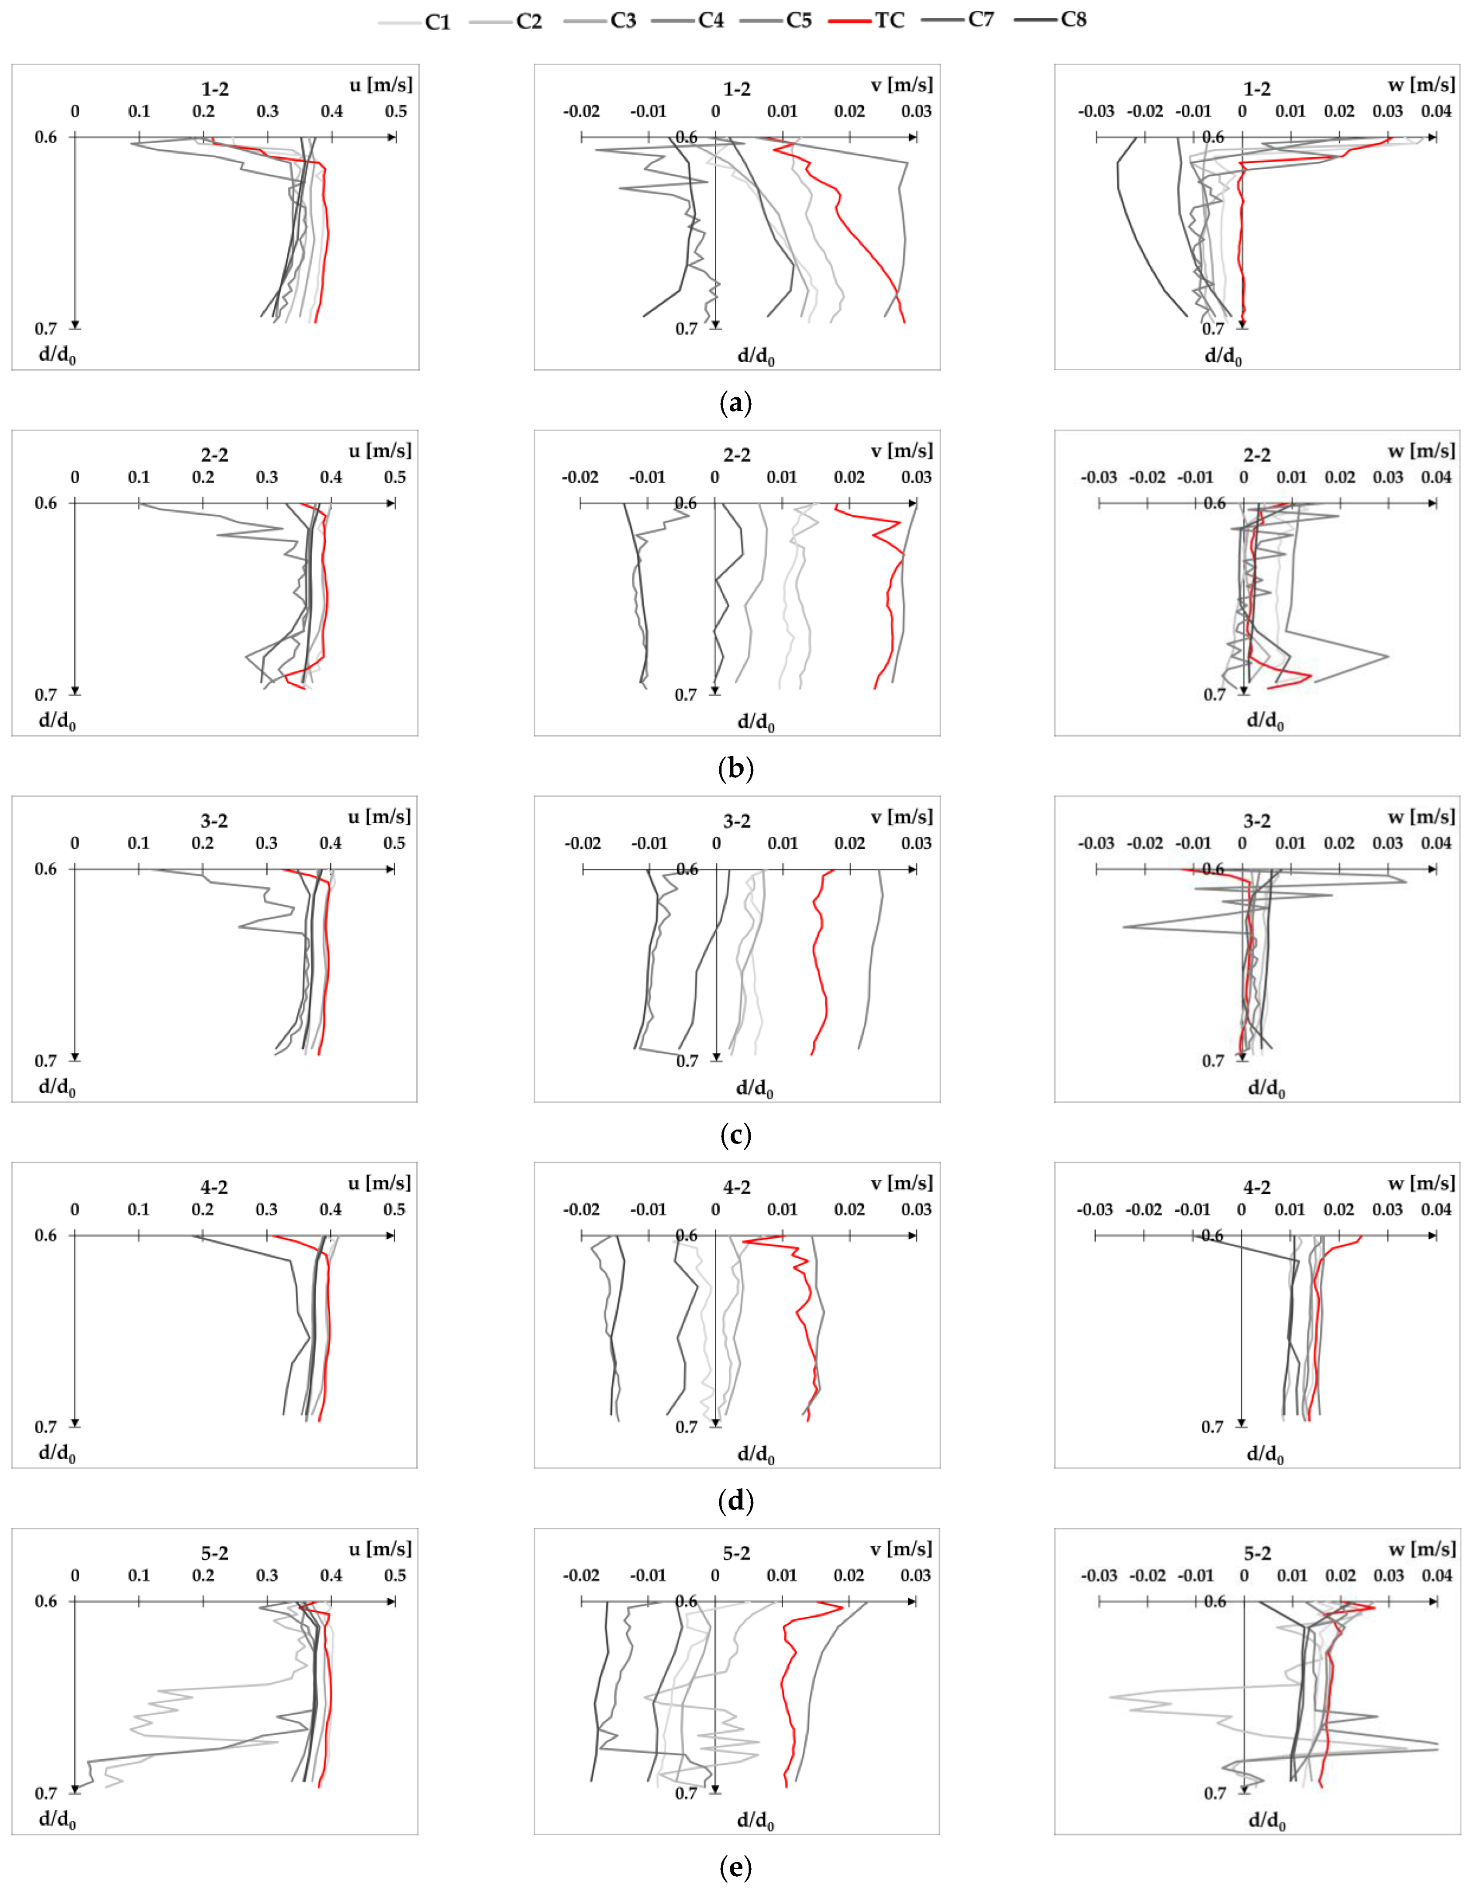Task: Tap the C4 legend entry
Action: pos(711,20)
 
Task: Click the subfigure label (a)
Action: pos(736,403)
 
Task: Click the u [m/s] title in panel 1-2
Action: pos(380,85)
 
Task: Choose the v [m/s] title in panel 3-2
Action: pos(902,817)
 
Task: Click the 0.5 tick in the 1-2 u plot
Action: pos(396,111)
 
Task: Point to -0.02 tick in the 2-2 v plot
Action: pos(580,477)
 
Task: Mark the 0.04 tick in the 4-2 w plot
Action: pos(1436,1209)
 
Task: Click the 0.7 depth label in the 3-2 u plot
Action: pos(46,1061)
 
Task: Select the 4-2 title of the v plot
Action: pos(736,1187)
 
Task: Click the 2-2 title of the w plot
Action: pos(1257,455)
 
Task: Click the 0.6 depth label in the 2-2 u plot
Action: pos(46,503)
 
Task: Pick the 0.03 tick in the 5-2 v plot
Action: pos(915,1575)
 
